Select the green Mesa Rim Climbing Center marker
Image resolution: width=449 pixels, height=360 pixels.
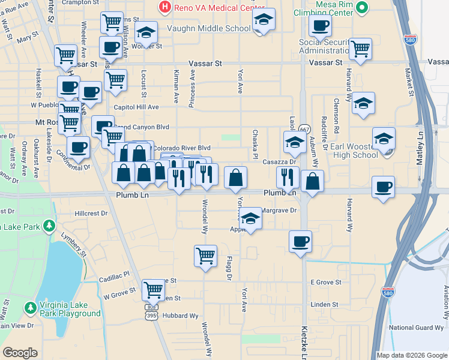tap(361, 8)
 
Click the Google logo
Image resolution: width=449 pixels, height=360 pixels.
tap(20, 353)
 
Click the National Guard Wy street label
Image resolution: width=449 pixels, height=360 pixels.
tap(418, 327)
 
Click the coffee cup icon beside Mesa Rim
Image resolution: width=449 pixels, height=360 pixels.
tap(319, 25)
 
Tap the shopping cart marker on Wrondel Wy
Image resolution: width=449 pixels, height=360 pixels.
tap(205, 256)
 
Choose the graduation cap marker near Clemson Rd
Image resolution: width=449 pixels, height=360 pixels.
tap(363, 103)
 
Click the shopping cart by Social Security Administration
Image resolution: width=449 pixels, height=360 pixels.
tap(360, 49)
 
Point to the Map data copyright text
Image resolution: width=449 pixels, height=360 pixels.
tap(412, 355)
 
